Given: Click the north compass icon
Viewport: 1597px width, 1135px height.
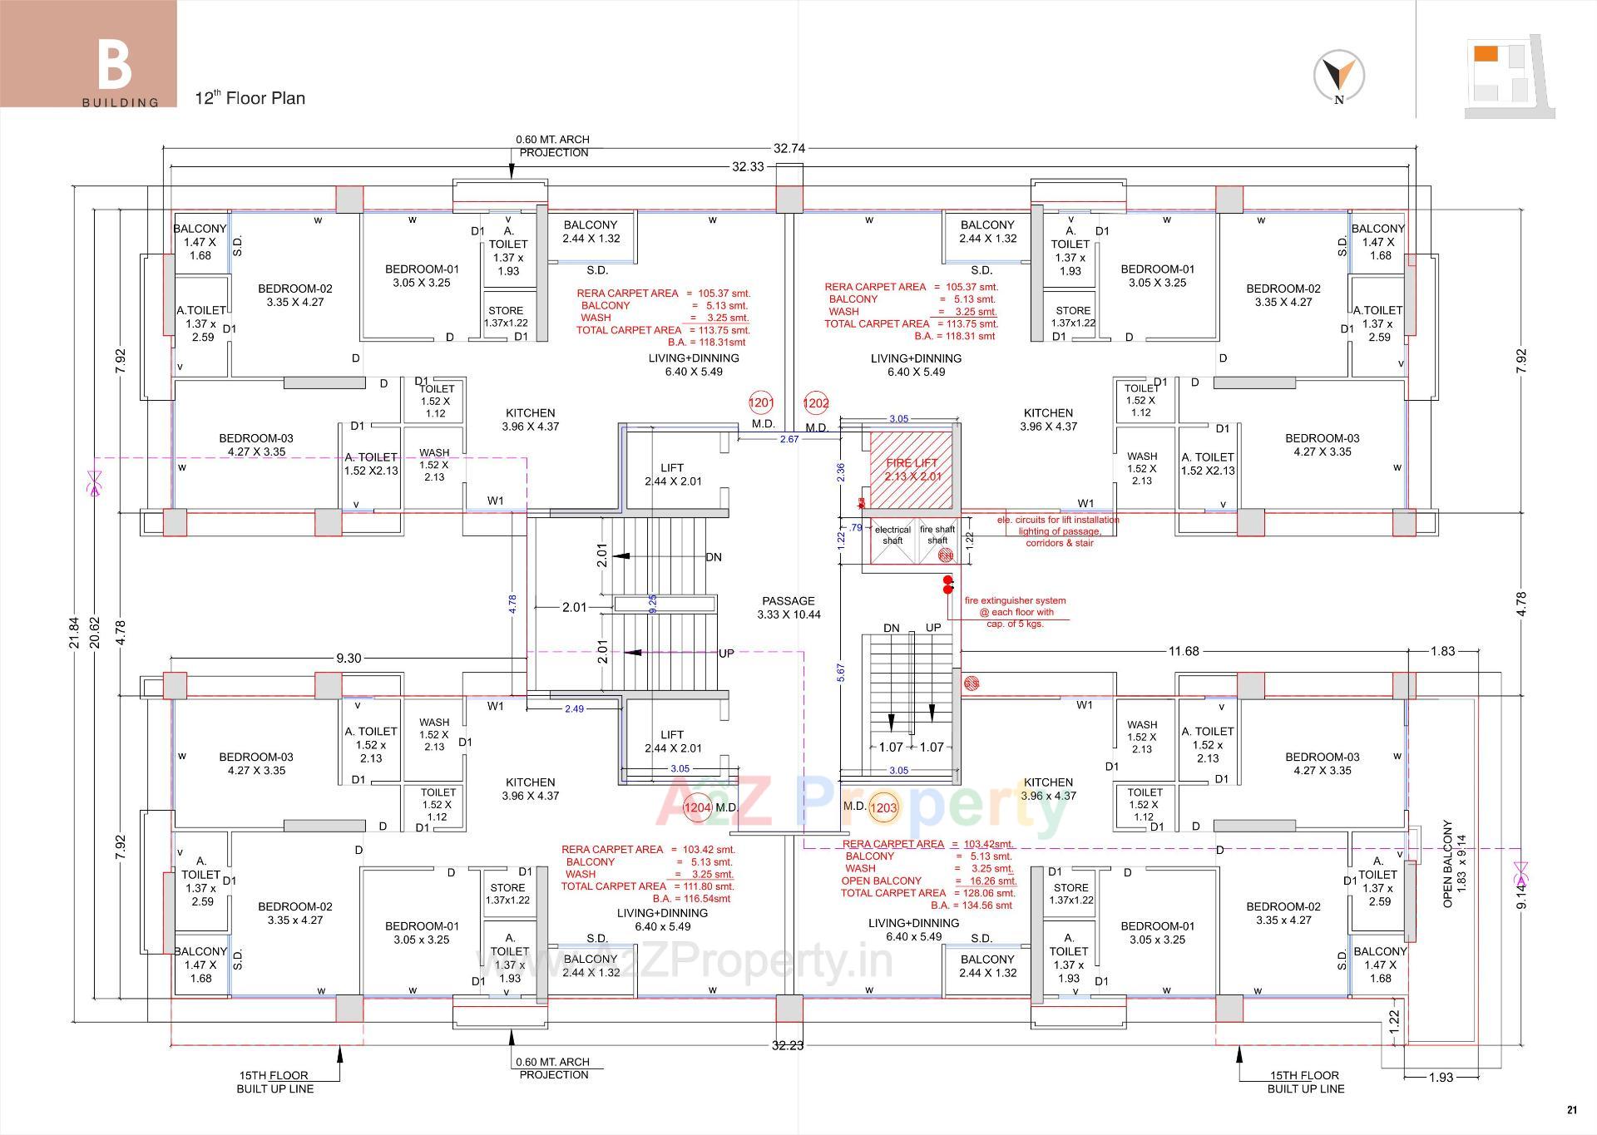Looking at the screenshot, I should tap(1338, 76).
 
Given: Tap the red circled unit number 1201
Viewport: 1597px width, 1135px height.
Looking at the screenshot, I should tap(761, 402).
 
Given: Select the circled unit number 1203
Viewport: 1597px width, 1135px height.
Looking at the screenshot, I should tap(883, 807).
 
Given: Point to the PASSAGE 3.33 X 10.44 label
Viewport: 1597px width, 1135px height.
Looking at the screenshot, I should tap(789, 608).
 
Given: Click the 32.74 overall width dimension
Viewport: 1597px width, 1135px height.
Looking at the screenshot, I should tap(789, 148).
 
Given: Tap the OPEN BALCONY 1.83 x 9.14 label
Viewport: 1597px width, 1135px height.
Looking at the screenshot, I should tap(1454, 865).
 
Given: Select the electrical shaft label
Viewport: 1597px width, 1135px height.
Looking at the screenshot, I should tap(892, 535).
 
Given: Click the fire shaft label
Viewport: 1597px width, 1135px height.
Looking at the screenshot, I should tap(937, 535).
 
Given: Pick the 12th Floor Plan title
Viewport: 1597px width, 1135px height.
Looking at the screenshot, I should tap(250, 98).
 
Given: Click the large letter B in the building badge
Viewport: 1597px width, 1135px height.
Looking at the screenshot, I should tap(115, 66).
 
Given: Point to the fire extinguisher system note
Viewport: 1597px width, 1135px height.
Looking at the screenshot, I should tap(1015, 612).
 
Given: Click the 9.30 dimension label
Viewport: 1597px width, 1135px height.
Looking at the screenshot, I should tap(349, 658).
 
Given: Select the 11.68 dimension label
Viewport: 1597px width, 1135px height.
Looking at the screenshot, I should tap(1183, 651).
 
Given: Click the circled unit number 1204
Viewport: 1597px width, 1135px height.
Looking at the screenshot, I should tap(697, 807).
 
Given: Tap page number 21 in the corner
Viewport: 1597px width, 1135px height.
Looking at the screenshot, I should tap(1571, 1109).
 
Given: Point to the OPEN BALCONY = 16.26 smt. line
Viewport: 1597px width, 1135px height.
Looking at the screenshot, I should tap(928, 881).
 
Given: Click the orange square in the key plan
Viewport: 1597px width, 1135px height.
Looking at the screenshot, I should tap(1486, 54).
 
